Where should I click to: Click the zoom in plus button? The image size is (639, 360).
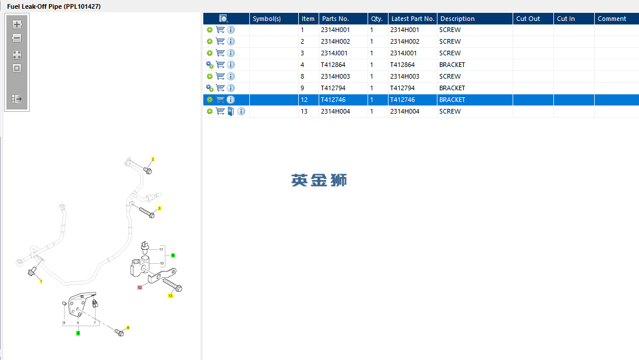(x=17, y=24)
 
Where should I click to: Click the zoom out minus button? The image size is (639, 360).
(x=17, y=38)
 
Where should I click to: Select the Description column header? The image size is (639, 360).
(x=457, y=19)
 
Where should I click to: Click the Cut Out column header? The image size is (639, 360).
(x=528, y=19)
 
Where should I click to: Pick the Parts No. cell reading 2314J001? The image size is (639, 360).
(x=334, y=53)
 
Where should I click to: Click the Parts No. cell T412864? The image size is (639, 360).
(x=333, y=65)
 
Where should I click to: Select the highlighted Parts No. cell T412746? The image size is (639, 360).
(x=333, y=100)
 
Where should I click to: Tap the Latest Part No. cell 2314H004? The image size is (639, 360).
(x=405, y=111)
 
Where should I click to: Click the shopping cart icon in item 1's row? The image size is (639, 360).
(x=220, y=30)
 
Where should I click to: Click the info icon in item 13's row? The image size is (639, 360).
(x=241, y=111)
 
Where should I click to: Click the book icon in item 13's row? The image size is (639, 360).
(x=231, y=111)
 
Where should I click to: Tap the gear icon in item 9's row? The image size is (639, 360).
(x=210, y=88)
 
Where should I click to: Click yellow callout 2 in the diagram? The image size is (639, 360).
(x=153, y=159)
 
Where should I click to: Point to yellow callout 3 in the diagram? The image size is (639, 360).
(x=160, y=209)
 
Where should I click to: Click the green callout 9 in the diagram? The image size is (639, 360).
(x=173, y=256)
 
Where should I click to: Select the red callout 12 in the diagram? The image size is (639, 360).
(x=140, y=287)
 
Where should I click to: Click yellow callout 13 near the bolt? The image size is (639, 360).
(x=170, y=296)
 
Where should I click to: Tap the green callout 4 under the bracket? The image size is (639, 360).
(x=78, y=334)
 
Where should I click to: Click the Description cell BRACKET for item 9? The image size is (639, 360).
(x=452, y=88)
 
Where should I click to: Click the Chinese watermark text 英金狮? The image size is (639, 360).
(x=319, y=180)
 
